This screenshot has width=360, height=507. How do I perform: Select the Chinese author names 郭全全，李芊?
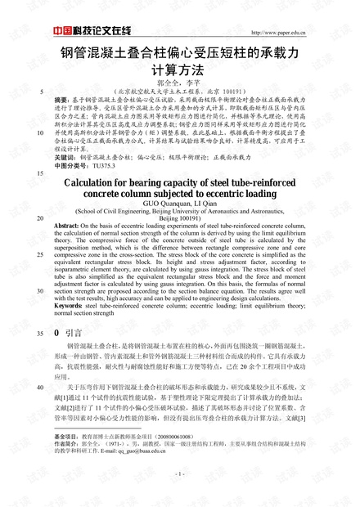pyautogui.click(x=179, y=83)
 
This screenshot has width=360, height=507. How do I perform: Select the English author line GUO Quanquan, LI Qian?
pyautogui.click(x=179, y=209)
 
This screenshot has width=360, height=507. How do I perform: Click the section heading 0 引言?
pyautogui.click(x=67, y=334)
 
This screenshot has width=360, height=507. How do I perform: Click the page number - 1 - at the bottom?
pyautogui.click(x=179, y=473)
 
